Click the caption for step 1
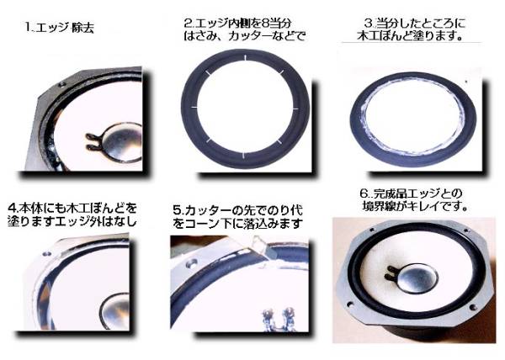pos(60,28)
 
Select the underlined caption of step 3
pos(411,29)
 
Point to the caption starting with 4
pos(72,214)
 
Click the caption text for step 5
pos(237,217)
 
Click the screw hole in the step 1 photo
pos(61,84)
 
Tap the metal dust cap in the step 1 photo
pos(120,141)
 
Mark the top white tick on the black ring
pos(245,57)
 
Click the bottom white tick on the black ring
pos(243,156)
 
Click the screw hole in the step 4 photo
pos(46,254)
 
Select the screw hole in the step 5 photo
pos(193,263)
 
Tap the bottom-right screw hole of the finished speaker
pos(473,307)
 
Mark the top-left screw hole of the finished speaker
pos(372,230)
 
